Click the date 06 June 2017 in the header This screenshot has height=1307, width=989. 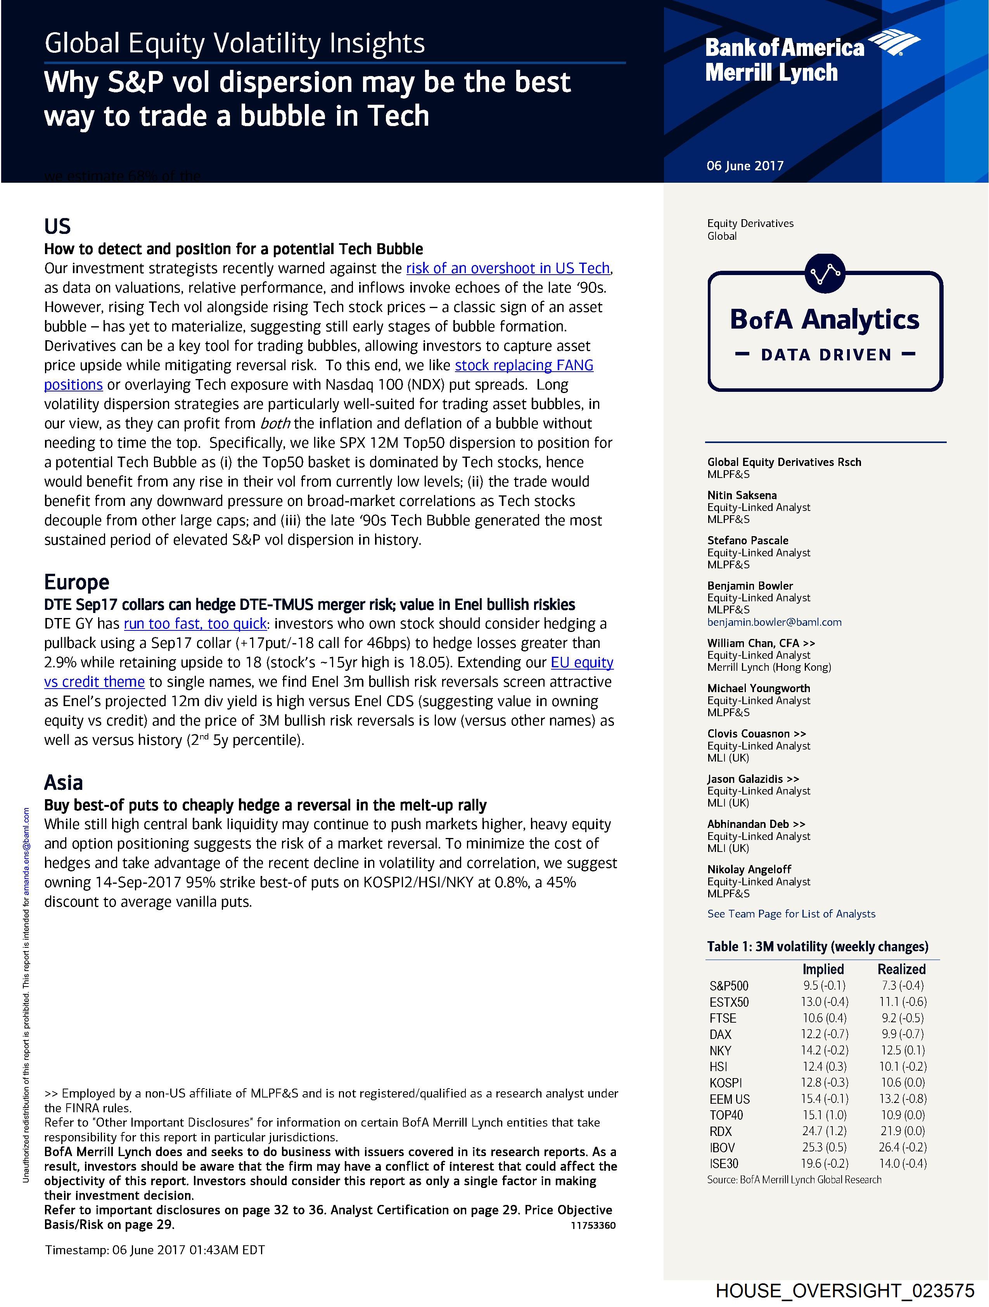[744, 166]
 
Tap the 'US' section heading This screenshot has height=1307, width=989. [57, 226]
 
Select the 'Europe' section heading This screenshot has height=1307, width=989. [76, 582]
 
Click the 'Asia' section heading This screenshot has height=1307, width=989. [63, 782]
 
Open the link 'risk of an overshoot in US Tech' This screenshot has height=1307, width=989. [508, 268]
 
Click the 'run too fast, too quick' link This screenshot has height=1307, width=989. [195, 624]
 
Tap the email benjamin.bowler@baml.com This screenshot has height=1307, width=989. [774, 622]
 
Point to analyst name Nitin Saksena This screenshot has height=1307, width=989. [742, 495]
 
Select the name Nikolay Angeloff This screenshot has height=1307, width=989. [749, 869]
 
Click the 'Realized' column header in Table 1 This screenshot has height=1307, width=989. [901, 969]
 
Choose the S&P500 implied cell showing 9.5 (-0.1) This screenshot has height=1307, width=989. [824, 985]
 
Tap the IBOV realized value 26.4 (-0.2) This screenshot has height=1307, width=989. [902, 1148]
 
